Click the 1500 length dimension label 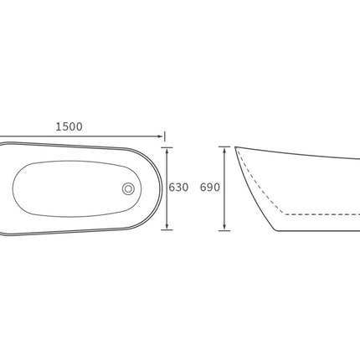(x=69, y=126)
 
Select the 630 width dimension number (x=178, y=188)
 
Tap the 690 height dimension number (x=210, y=188)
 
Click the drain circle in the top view (x=128, y=189)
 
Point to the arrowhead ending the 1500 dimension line (x=160, y=136)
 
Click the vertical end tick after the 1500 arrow (x=165, y=136)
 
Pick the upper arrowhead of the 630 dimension (x=167, y=150)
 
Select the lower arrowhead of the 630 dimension (x=167, y=227)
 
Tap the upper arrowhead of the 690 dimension (x=224, y=150)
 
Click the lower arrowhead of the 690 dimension (x=224, y=228)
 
